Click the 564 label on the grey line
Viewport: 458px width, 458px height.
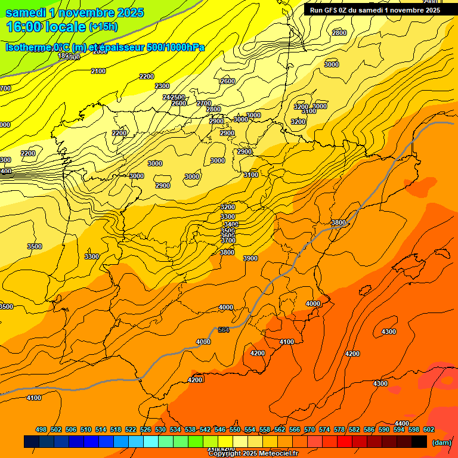[x=224, y=330]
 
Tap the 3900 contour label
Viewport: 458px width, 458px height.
[x=250, y=258]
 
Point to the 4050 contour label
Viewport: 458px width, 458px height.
[x=203, y=342]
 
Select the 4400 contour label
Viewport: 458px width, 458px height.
[x=402, y=423]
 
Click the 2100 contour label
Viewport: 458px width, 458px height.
[x=98, y=71]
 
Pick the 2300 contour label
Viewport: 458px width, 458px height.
[x=162, y=86]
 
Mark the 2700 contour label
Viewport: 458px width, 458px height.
[x=204, y=103]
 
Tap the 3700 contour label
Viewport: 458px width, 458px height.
[x=228, y=240]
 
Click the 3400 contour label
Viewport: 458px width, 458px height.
[x=230, y=224]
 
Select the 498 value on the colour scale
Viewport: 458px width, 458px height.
[x=41, y=429]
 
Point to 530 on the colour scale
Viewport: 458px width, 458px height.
[x=160, y=429]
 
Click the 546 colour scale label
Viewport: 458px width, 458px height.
[x=220, y=429]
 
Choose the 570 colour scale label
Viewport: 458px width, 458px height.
[x=310, y=429]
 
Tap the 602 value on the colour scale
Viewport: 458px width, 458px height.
[x=429, y=429]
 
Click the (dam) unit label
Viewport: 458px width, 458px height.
[x=441, y=442]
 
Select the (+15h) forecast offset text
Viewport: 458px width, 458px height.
[x=103, y=26]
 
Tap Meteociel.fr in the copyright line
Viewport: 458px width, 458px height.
[x=274, y=453]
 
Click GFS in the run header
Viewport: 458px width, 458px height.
[x=330, y=10]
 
